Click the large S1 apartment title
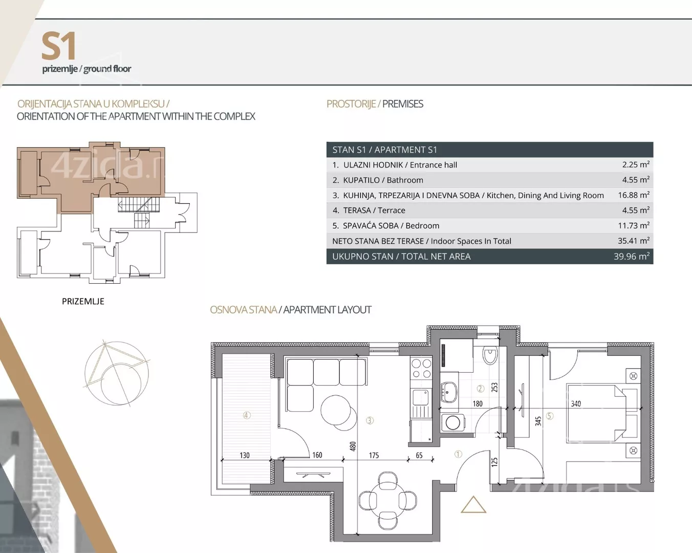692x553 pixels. [x=59, y=46]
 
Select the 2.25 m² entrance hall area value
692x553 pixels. [x=636, y=164]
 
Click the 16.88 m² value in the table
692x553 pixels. [x=634, y=195]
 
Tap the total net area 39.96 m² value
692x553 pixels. [x=632, y=257]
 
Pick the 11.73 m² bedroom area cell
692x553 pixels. [x=634, y=225]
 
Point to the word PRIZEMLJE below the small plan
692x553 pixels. [x=83, y=302]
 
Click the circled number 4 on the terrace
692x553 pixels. [x=247, y=415]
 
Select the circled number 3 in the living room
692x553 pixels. [x=370, y=420]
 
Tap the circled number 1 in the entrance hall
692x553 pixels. [x=458, y=454]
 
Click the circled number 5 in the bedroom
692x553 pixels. [x=550, y=416]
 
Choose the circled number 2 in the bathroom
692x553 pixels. [x=481, y=389]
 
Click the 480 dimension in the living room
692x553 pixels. [x=353, y=446]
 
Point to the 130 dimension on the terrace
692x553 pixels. [x=244, y=455]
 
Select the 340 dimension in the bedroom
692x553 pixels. [x=576, y=403]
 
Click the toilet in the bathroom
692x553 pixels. [x=490, y=355]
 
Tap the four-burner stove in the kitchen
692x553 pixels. [x=421, y=369]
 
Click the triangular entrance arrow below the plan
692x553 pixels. [x=473, y=504]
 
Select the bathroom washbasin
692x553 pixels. [x=448, y=392]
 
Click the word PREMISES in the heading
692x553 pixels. [x=403, y=104]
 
